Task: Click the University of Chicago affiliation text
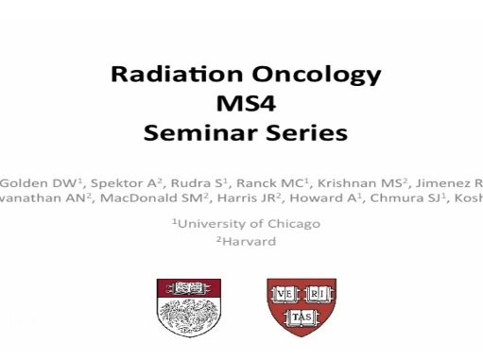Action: click(245, 223)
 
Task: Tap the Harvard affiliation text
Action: click(245, 241)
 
